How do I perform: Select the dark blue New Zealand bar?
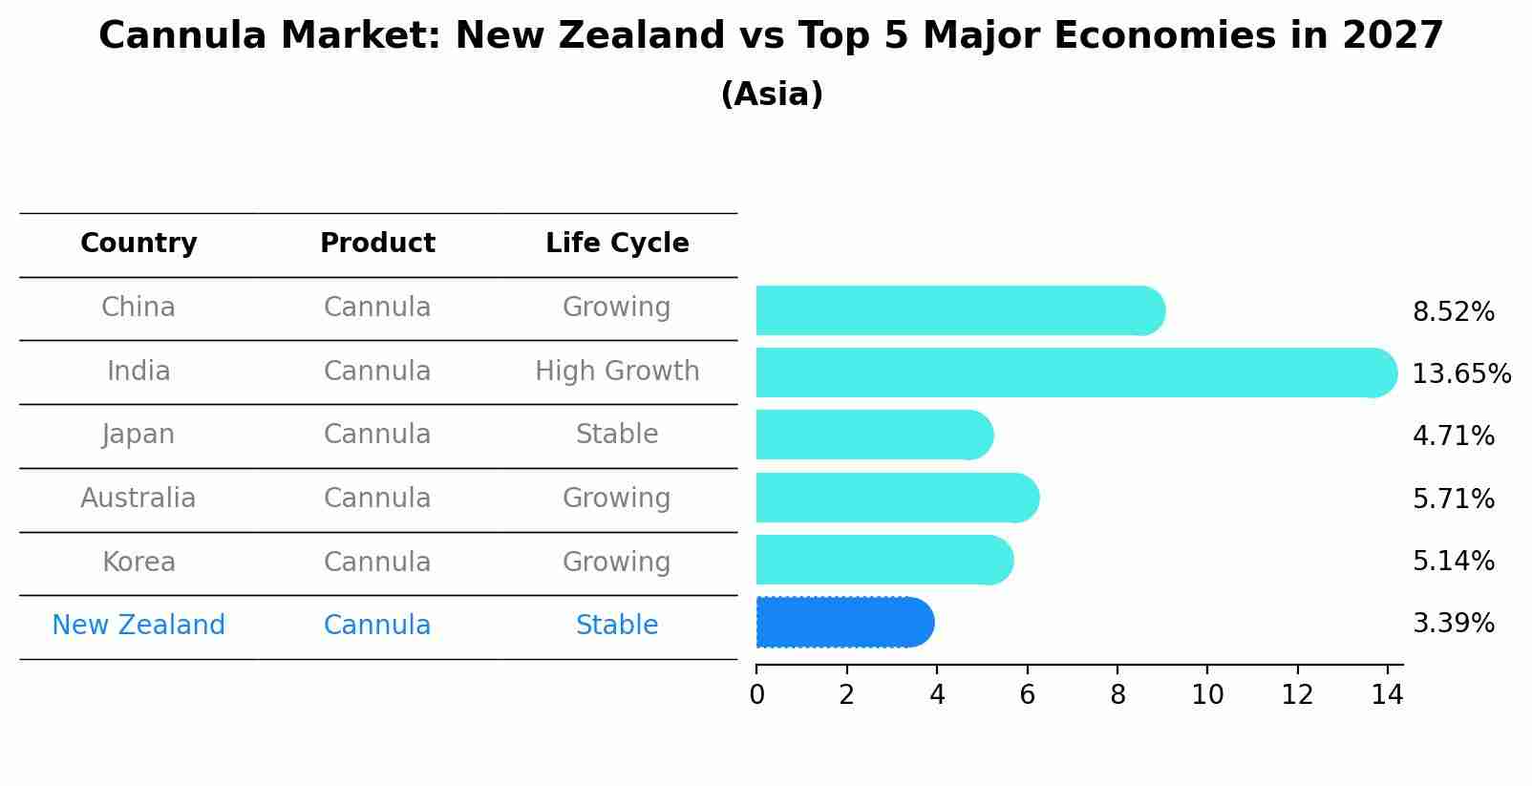(x=844, y=623)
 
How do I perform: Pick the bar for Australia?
(x=896, y=498)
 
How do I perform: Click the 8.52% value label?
(x=1453, y=312)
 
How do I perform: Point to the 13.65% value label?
(x=1460, y=373)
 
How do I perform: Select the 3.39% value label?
(x=1453, y=624)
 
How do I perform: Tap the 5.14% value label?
(x=1453, y=561)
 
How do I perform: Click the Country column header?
(x=138, y=244)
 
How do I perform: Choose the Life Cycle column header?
(x=617, y=244)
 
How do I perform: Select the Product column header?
(x=377, y=244)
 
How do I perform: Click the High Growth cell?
(x=617, y=371)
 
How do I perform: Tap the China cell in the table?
(x=138, y=308)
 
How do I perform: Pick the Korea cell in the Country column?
(x=138, y=562)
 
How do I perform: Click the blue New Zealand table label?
(x=138, y=626)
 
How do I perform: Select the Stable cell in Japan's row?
(x=617, y=435)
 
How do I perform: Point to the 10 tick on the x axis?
(x=1207, y=695)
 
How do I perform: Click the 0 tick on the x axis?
(x=756, y=695)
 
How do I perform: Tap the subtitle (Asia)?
(x=772, y=95)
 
